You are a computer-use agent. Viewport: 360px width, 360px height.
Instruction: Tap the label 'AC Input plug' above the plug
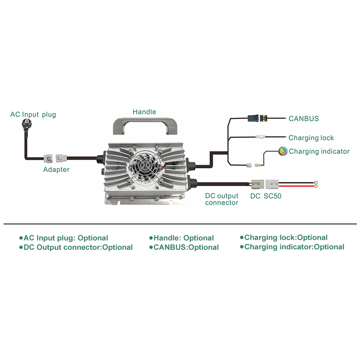pyautogui.click(x=33, y=114)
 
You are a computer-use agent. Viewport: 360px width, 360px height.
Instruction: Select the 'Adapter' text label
pyautogui.click(x=56, y=170)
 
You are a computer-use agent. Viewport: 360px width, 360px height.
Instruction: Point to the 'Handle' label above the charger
pyautogui.click(x=144, y=112)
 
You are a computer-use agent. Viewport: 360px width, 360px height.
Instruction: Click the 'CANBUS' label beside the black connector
pyautogui.click(x=304, y=119)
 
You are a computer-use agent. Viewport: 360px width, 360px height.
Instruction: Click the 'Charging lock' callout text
pyautogui.click(x=311, y=138)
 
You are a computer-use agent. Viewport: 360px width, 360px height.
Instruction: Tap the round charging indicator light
pyautogui.click(x=283, y=151)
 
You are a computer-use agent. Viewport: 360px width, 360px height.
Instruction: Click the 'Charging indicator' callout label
pyautogui.click(x=319, y=151)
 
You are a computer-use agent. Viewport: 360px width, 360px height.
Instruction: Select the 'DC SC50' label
pyautogui.click(x=266, y=196)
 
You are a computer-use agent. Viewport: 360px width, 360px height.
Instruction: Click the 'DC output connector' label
pyautogui.click(x=221, y=199)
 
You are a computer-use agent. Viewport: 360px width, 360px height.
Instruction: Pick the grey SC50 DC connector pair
pyautogui.click(x=266, y=184)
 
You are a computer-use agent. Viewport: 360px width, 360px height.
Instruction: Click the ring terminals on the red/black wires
pyautogui.click(x=316, y=184)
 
